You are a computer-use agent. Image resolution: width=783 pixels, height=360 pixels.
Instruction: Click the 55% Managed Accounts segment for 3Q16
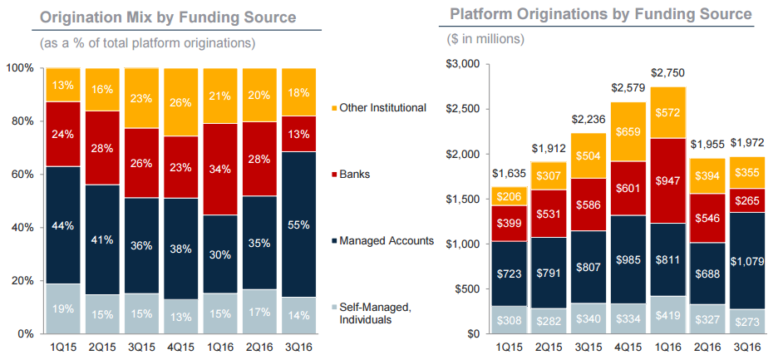301,224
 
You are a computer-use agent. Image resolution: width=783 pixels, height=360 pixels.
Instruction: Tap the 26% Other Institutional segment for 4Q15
181,102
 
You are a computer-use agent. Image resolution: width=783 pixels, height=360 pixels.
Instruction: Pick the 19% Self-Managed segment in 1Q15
62,308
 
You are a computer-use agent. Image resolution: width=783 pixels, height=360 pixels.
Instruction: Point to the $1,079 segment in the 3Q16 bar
747,259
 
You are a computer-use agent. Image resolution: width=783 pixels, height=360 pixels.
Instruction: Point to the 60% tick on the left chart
22,174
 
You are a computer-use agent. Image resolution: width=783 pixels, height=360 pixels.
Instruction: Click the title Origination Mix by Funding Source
155,17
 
